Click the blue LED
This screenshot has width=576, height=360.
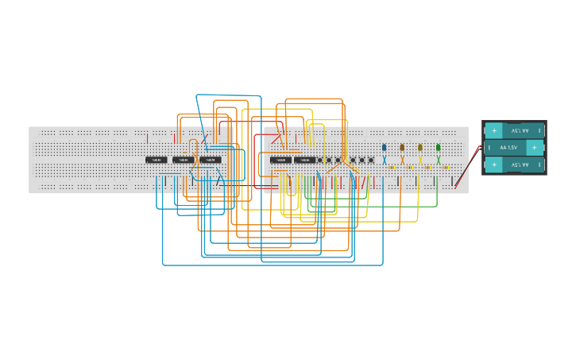[x=385, y=147]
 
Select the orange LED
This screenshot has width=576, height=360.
[x=402, y=147]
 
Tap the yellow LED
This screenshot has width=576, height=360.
[x=420, y=147]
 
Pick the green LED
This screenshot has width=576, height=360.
[x=438, y=147]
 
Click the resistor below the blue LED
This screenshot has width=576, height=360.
[x=392, y=168]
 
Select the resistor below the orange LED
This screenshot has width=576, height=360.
[x=410, y=168]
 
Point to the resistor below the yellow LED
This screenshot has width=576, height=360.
[x=427, y=168]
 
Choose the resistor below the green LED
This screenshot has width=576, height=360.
[x=446, y=168]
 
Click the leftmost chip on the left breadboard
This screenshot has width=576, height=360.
[x=157, y=160]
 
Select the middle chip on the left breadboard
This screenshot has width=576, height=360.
[x=184, y=160]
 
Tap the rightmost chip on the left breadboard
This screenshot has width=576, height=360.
[x=210, y=160]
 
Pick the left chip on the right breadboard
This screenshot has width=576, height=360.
[x=280, y=160]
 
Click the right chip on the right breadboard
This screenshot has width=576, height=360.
[x=305, y=160]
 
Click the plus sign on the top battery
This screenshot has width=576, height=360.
[x=494, y=130]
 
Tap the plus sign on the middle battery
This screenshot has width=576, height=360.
[x=534, y=148]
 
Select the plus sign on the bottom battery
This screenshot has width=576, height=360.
[x=494, y=165]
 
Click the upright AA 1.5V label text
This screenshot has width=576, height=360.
[x=508, y=148]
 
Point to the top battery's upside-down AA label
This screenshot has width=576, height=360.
[x=520, y=130]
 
